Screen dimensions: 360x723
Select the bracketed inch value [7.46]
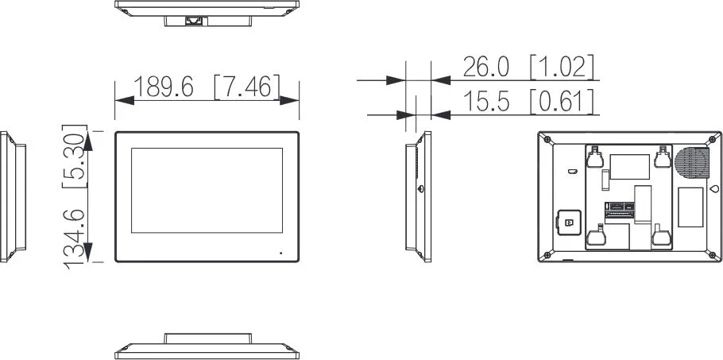[x=246, y=87]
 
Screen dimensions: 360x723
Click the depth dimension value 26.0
[x=485, y=67]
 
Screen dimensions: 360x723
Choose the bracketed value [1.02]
[x=562, y=67]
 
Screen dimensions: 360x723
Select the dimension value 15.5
[x=485, y=102]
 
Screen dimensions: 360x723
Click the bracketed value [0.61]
[x=562, y=102]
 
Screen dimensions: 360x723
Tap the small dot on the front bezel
[x=280, y=254]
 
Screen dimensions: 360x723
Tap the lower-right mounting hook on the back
[x=659, y=236]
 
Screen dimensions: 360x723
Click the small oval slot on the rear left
[x=571, y=169]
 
